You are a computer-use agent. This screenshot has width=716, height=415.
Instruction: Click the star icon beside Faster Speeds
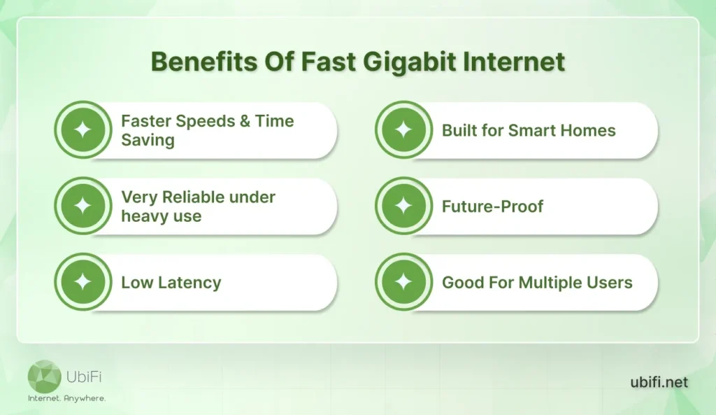pyautogui.click(x=83, y=130)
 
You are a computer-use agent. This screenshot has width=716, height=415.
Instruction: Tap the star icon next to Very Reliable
pyautogui.click(x=83, y=206)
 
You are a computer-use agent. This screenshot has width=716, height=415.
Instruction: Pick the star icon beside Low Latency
pyautogui.click(x=83, y=283)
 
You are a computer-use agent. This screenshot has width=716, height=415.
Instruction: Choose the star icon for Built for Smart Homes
pyautogui.click(x=403, y=130)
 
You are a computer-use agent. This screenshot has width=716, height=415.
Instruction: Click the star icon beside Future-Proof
pyautogui.click(x=403, y=206)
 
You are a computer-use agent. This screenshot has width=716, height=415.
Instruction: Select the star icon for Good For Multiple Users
pyautogui.click(x=403, y=283)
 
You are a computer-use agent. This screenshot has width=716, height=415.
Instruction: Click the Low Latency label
pyautogui.click(x=171, y=283)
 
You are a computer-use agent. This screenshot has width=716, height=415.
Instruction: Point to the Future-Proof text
pyautogui.click(x=492, y=206)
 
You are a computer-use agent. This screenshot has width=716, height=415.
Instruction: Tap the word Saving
pyautogui.click(x=148, y=140)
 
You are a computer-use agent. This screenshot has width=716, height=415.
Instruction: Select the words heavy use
pyautogui.click(x=161, y=216)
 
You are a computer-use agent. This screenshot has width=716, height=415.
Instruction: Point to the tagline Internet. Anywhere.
pyautogui.click(x=66, y=398)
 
